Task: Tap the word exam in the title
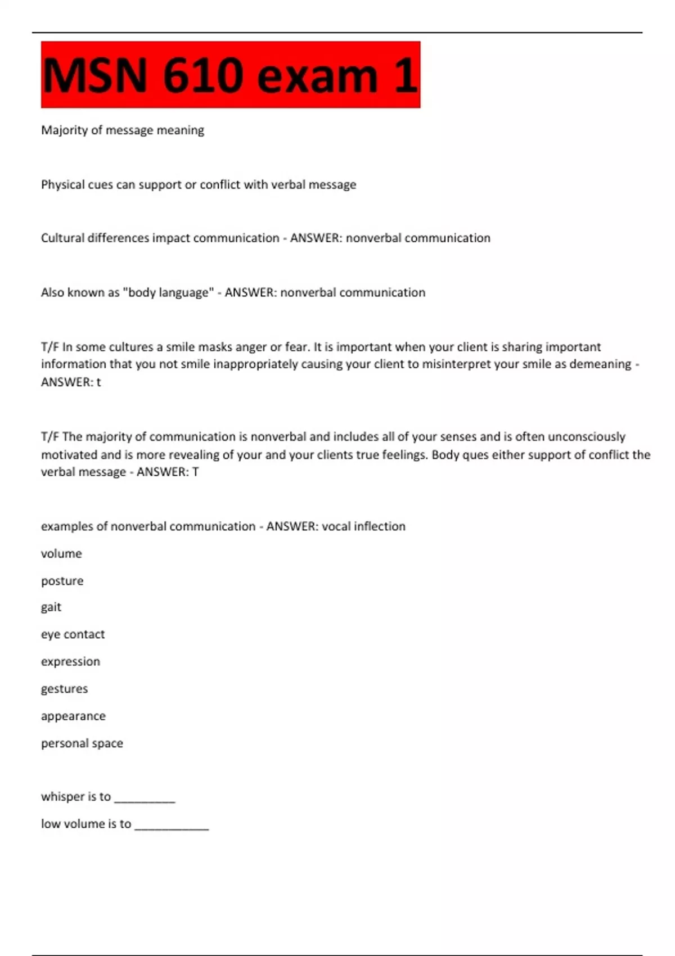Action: [x=317, y=75]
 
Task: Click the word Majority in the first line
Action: [x=64, y=130]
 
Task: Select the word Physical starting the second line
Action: [x=64, y=184]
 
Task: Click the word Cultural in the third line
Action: [x=62, y=238]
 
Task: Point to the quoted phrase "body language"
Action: [x=168, y=292]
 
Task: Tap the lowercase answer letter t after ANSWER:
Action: [x=99, y=382]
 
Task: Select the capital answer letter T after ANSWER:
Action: [x=195, y=472]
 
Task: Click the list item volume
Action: [x=61, y=553]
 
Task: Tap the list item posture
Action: [x=62, y=581]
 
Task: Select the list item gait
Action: [x=51, y=607]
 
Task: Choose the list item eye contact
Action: [x=73, y=634]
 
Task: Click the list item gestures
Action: [x=64, y=689]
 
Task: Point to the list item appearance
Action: [x=73, y=716]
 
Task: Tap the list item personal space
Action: [x=82, y=743]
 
